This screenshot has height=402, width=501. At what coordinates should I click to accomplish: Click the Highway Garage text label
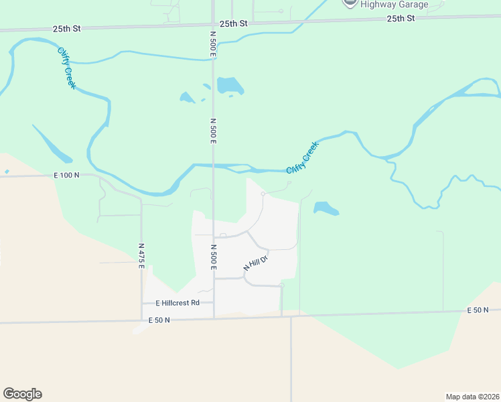click(394, 4)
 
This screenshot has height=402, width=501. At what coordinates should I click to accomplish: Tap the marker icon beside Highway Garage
click(349, 3)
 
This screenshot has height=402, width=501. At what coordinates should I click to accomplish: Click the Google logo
click(22, 394)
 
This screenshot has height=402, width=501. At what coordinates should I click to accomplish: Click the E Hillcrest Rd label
click(177, 303)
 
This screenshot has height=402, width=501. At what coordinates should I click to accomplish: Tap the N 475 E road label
click(141, 256)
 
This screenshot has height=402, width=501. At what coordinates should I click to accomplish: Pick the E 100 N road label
click(66, 175)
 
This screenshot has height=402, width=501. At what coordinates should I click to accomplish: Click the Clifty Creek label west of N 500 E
click(66, 68)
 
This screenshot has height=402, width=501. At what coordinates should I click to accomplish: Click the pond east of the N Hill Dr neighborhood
click(326, 208)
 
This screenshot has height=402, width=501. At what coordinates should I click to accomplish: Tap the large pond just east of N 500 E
click(230, 85)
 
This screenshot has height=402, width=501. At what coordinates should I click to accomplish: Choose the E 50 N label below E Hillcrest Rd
click(159, 320)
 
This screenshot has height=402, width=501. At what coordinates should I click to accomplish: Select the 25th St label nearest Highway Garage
click(401, 18)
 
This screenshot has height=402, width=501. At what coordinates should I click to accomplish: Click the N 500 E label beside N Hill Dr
click(214, 257)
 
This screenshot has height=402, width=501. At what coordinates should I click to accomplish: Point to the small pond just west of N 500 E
click(187, 98)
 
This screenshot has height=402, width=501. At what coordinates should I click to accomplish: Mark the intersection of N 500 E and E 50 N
click(214, 318)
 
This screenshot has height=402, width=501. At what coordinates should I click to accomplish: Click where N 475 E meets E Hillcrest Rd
click(142, 303)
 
